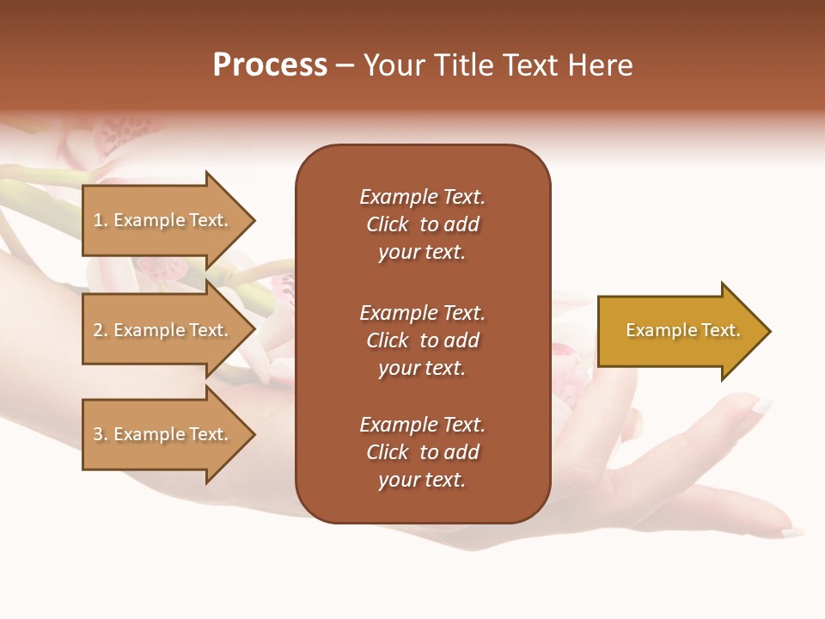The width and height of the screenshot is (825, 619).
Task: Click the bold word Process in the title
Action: [270, 65]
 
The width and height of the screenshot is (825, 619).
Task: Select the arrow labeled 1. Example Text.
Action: [162, 220]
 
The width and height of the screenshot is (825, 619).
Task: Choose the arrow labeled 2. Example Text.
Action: [162, 330]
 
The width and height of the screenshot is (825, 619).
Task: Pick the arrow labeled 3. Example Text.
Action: [162, 434]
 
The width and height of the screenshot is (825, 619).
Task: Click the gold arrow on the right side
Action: [679, 331]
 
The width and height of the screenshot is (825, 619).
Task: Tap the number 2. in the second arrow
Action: [101, 330]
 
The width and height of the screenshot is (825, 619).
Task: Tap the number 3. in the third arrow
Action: [101, 434]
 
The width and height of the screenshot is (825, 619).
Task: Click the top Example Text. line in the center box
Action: [422, 197]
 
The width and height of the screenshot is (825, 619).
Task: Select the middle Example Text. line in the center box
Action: [422, 313]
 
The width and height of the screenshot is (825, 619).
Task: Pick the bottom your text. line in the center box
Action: [422, 481]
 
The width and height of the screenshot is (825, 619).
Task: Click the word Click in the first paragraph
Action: [388, 224]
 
